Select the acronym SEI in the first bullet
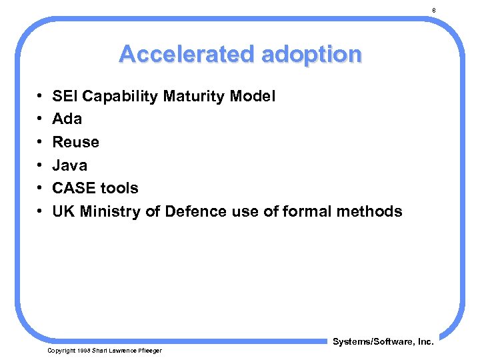click(64, 97)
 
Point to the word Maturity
click(193, 97)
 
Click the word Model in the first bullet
click(252, 97)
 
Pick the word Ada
click(67, 119)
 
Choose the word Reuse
click(75, 142)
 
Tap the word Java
click(69, 165)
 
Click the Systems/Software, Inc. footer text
click(383, 342)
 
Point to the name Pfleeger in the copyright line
click(149, 351)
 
